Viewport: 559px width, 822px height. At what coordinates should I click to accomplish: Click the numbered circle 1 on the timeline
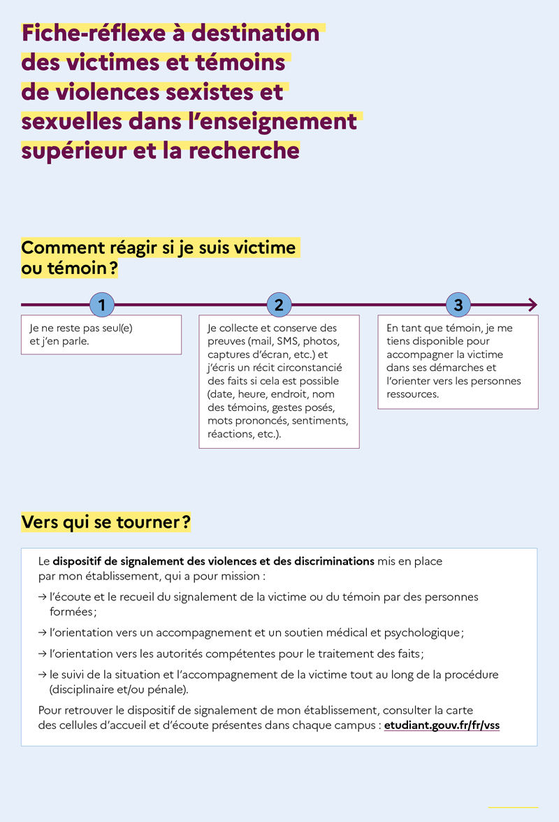click(x=102, y=305)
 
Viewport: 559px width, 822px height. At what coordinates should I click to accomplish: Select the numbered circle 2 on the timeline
click(x=279, y=305)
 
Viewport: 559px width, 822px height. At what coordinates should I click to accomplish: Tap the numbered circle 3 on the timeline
click(x=458, y=305)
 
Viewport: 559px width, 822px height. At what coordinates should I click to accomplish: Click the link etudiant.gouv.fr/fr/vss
click(x=442, y=725)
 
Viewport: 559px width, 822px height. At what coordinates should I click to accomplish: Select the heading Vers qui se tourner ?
click(x=106, y=522)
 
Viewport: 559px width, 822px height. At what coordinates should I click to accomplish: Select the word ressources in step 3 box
click(x=412, y=394)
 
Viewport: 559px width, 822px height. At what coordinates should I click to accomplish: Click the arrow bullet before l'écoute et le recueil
click(x=43, y=598)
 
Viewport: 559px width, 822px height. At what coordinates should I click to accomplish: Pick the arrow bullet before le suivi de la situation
click(x=43, y=675)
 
